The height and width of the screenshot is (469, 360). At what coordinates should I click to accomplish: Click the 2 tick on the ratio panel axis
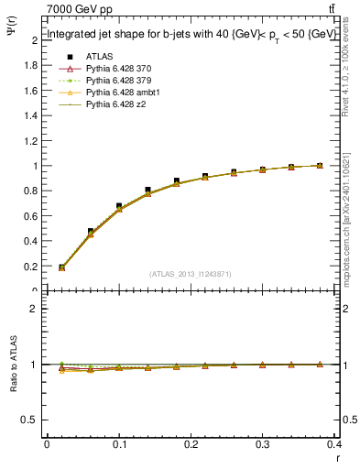click(x=37, y=310)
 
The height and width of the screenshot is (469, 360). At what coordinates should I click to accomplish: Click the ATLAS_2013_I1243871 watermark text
click(x=191, y=274)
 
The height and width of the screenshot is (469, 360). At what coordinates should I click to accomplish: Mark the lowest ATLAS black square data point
click(x=61, y=267)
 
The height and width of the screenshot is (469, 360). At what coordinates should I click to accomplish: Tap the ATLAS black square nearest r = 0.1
click(x=119, y=206)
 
